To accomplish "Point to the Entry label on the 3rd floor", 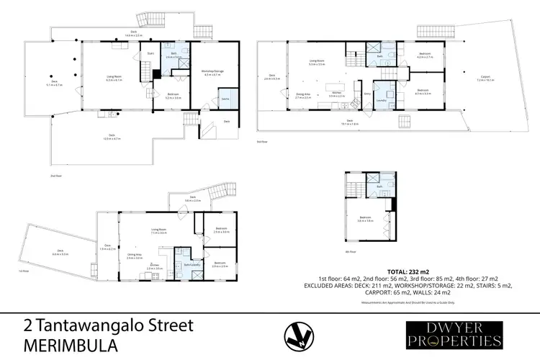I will click(x=366, y=94).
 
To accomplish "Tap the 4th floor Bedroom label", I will click(x=365, y=218).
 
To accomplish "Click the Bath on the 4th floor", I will click(x=377, y=187).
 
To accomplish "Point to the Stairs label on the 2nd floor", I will click(x=150, y=53).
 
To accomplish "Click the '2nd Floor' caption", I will click(x=54, y=175).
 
